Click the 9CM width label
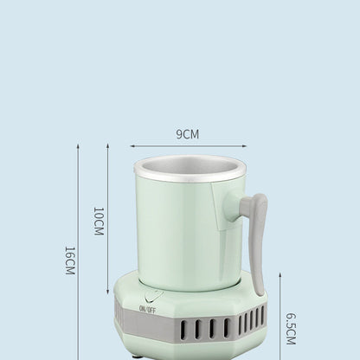[188, 134]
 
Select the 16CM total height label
[69, 260]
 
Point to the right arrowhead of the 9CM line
[245, 146]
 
